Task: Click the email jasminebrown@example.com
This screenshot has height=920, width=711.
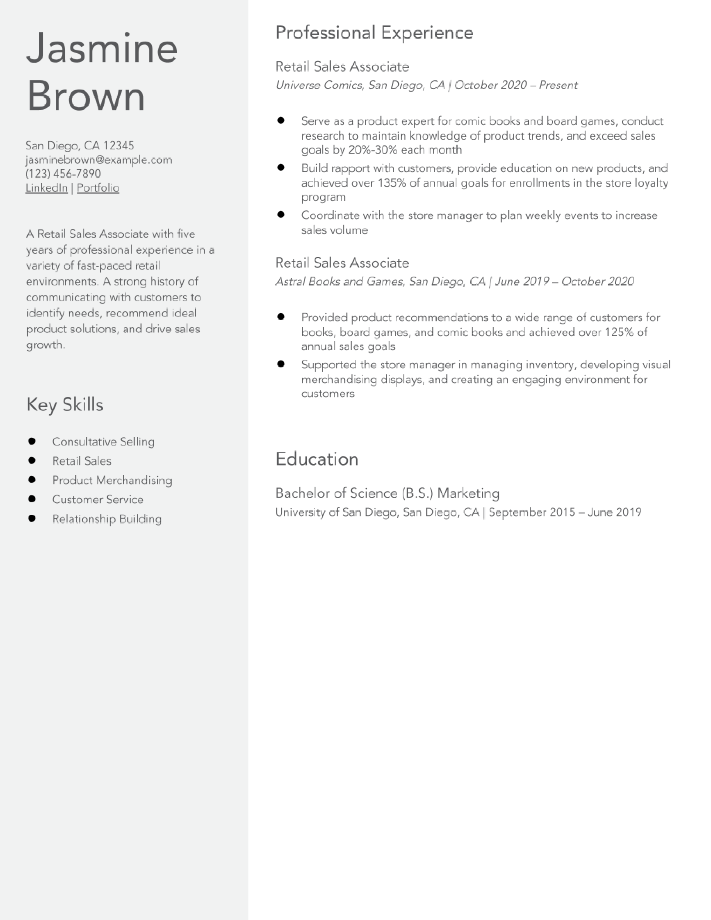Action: click(x=98, y=160)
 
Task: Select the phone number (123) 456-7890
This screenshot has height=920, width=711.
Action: click(x=63, y=174)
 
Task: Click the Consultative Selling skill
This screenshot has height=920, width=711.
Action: click(x=103, y=442)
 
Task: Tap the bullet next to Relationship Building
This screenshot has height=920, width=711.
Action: click(x=32, y=518)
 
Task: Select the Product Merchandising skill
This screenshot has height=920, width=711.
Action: click(x=112, y=480)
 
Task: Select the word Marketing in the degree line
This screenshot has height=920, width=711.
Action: click(x=468, y=493)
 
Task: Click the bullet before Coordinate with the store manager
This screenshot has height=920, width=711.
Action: click(x=281, y=214)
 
